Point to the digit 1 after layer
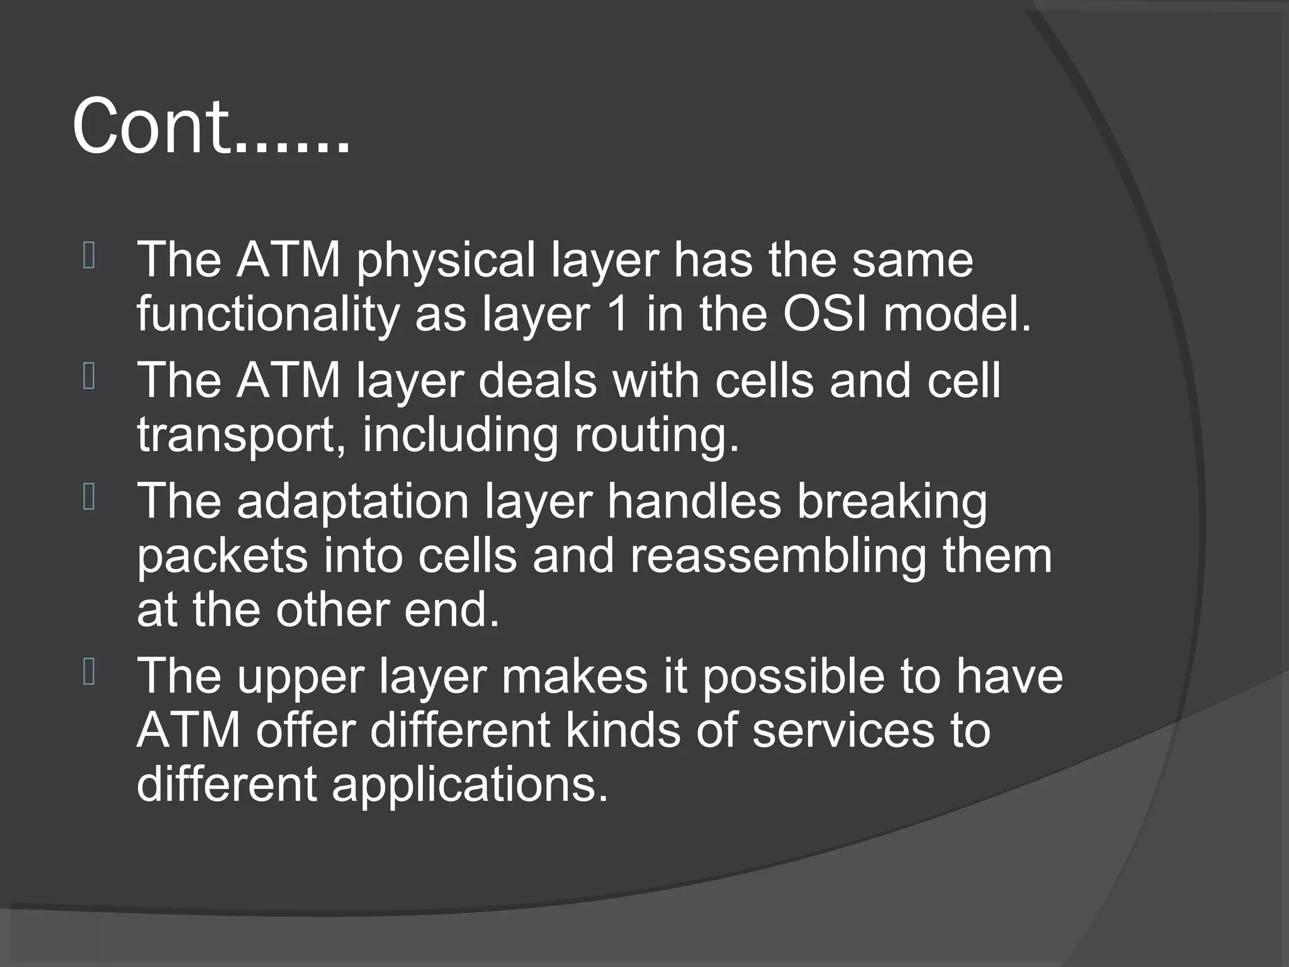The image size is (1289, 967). [619, 314]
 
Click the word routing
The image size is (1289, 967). [656, 436]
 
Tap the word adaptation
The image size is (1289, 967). [353, 502]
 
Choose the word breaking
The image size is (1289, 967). [892, 502]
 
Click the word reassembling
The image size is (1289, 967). [778, 556]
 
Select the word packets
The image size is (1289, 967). [222, 556]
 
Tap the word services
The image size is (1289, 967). [843, 730]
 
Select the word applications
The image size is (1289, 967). [470, 784]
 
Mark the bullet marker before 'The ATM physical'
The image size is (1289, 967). [89, 257]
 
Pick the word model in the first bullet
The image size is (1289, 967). [957, 314]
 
